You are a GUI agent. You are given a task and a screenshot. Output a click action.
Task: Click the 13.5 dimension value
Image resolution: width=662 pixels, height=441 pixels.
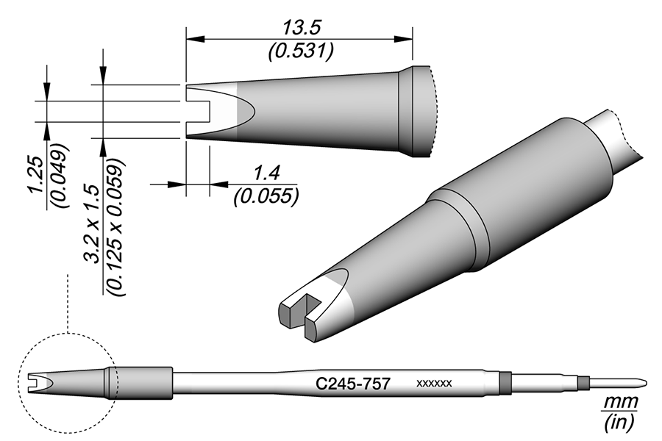click(302, 28)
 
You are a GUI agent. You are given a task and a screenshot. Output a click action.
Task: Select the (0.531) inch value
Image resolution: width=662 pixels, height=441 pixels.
click(301, 51)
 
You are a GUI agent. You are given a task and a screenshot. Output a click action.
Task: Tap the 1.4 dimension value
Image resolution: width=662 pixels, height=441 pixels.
click(267, 173)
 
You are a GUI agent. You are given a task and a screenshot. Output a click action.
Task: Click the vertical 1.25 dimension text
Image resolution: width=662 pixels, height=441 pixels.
click(36, 175)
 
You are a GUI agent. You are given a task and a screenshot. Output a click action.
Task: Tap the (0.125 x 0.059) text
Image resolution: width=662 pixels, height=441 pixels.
click(115, 226)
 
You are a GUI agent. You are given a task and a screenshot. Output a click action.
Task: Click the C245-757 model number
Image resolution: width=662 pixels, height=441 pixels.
click(352, 384)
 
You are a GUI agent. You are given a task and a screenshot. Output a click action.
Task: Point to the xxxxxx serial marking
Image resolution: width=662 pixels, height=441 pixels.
click(434, 384)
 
